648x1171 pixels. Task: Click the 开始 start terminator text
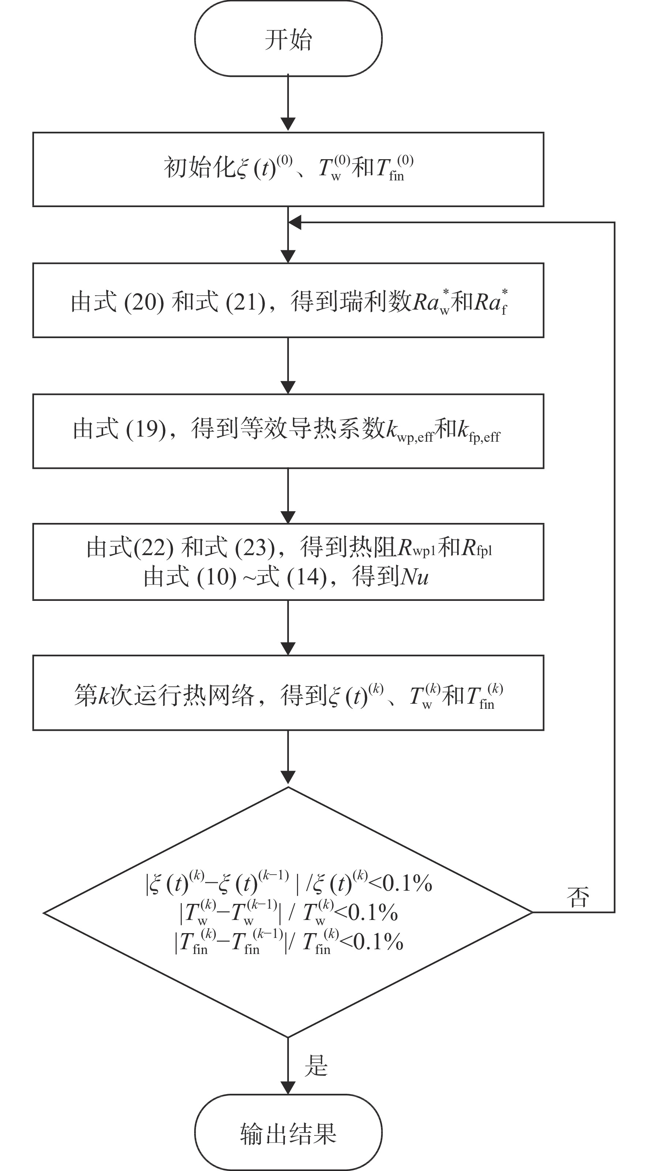coord(288,40)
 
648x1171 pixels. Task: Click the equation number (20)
coord(144,302)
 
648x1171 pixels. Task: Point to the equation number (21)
coord(245,302)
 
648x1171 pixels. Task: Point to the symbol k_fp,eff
coord(478,431)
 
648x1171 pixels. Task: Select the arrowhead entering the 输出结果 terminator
coord(288,1087)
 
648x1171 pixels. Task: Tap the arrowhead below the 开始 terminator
coord(288,124)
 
